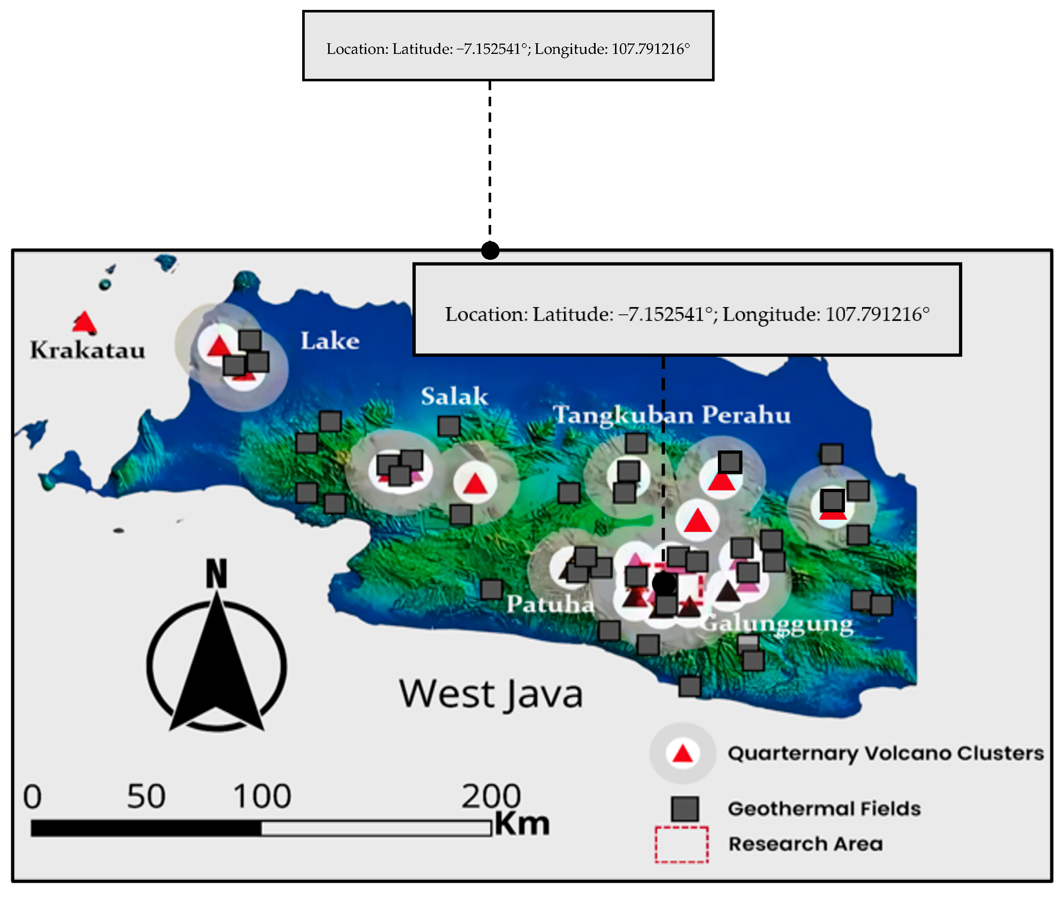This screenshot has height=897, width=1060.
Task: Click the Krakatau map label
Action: click(x=88, y=350)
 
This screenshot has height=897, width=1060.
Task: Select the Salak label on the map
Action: click(x=454, y=396)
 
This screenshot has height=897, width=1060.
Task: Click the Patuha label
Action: click(x=550, y=603)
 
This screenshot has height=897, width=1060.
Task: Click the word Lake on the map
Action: click(x=330, y=341)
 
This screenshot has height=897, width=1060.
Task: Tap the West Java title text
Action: click(x=490, y=694)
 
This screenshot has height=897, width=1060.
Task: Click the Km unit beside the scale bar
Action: click(x=522, y=823)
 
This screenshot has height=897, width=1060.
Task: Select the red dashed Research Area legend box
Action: click(x=681, y=845)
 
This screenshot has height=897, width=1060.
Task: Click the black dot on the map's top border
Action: click(x=490, y=250)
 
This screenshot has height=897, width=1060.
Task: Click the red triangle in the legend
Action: click(x=682, y=753)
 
